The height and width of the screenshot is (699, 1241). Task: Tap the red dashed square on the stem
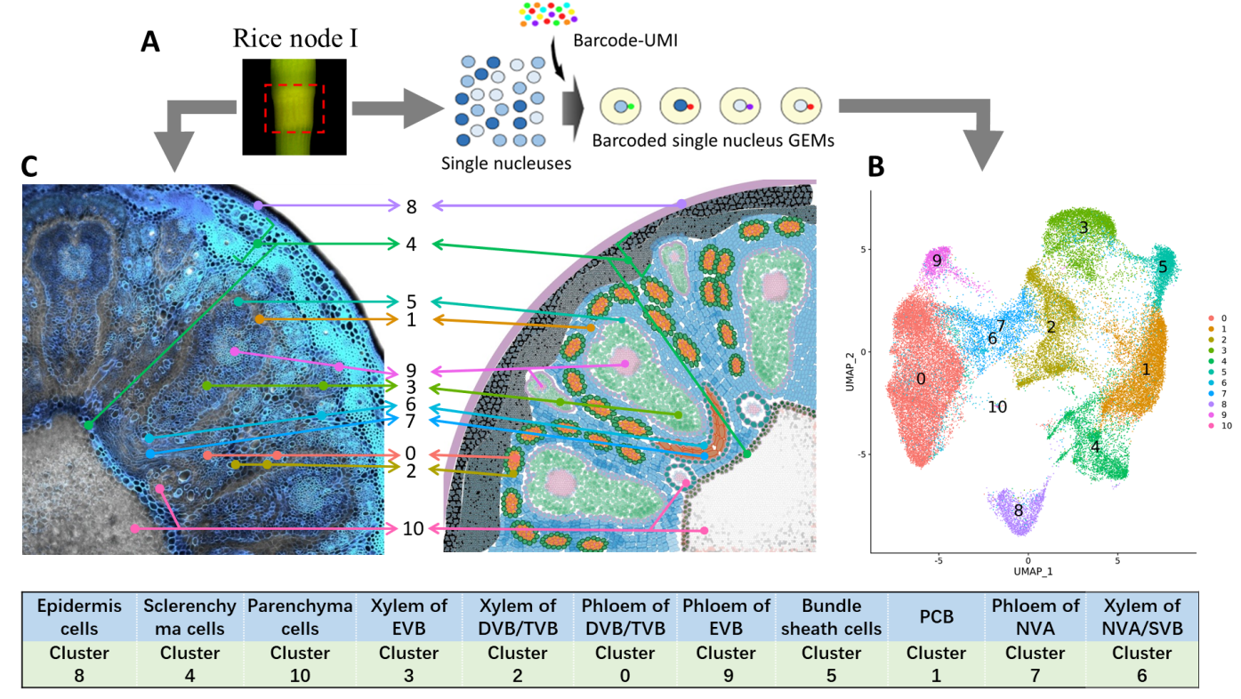click(x=294, y=108)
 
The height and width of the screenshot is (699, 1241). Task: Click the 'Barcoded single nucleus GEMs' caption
click(x=713, y=141)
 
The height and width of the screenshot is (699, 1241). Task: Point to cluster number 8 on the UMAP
click(x=1019, y=510)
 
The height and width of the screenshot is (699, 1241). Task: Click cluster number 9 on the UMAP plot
click(x=935, y=261)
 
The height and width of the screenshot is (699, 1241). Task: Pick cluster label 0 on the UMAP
click(x=921, y=379)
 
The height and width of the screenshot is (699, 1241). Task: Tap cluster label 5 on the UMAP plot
click(x=1163, y=266)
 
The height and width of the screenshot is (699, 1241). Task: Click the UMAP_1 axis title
click(x=1027, y=570)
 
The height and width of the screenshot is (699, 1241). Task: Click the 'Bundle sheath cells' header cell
click(x=831, y=617)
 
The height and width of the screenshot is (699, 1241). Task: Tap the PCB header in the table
click(x=935, y=617)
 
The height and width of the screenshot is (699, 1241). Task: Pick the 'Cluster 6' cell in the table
click(x=1141, y=664)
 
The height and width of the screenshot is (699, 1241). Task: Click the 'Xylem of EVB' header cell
click(x=408, y=617)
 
